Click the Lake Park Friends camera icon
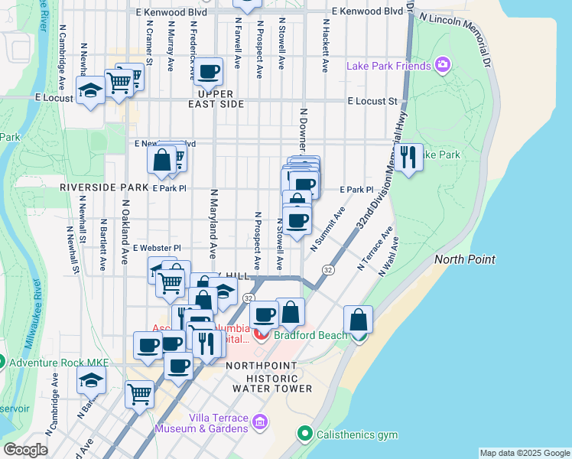441,66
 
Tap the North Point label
466,259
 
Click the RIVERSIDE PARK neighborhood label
105,187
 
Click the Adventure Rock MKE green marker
2,361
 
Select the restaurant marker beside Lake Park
410,158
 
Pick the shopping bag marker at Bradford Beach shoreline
358,320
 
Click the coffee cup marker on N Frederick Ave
207,73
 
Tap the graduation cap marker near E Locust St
90,92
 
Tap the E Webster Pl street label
156,248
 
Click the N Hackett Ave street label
325,46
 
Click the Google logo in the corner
25,450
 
